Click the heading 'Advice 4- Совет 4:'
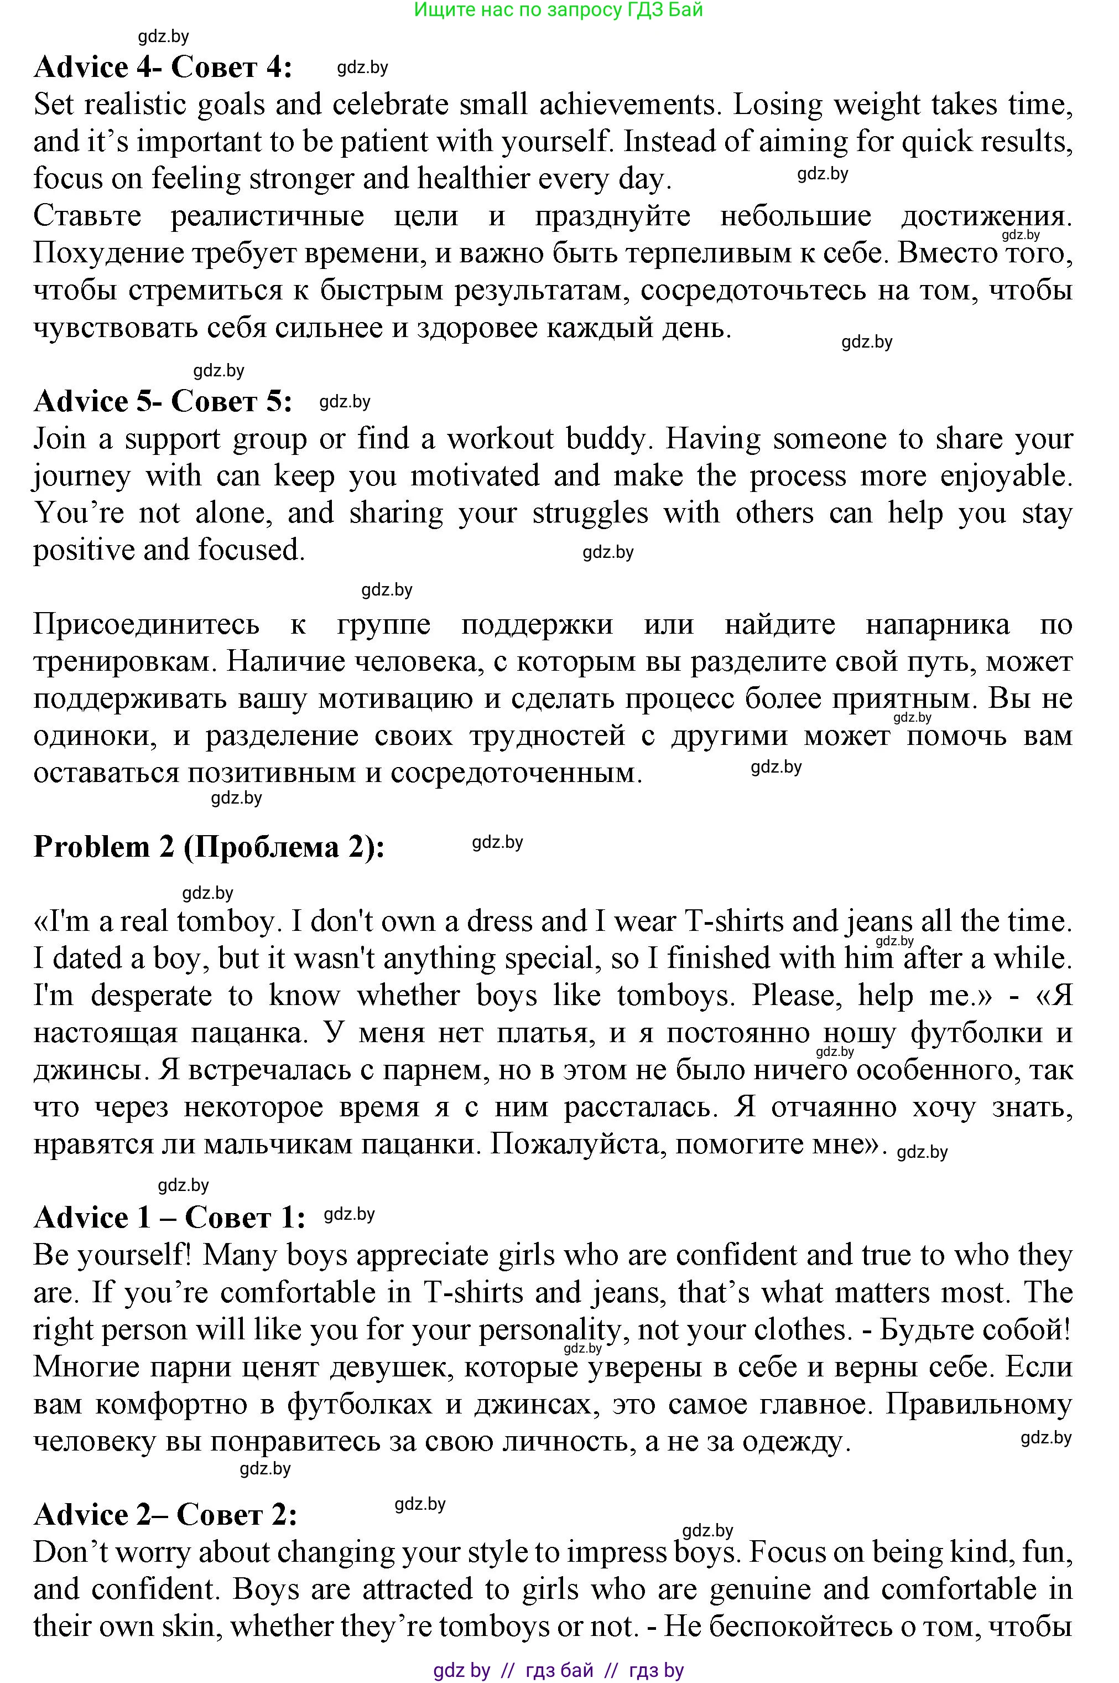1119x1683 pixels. [x=163, y=68]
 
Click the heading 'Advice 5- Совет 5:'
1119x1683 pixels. [x=163, y=401]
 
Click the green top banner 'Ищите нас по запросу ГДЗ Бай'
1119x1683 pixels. [x=558, y=10]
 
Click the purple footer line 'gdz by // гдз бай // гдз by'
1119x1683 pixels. [x=558, y=1670]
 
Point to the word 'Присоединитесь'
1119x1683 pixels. [x=146, y=625]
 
